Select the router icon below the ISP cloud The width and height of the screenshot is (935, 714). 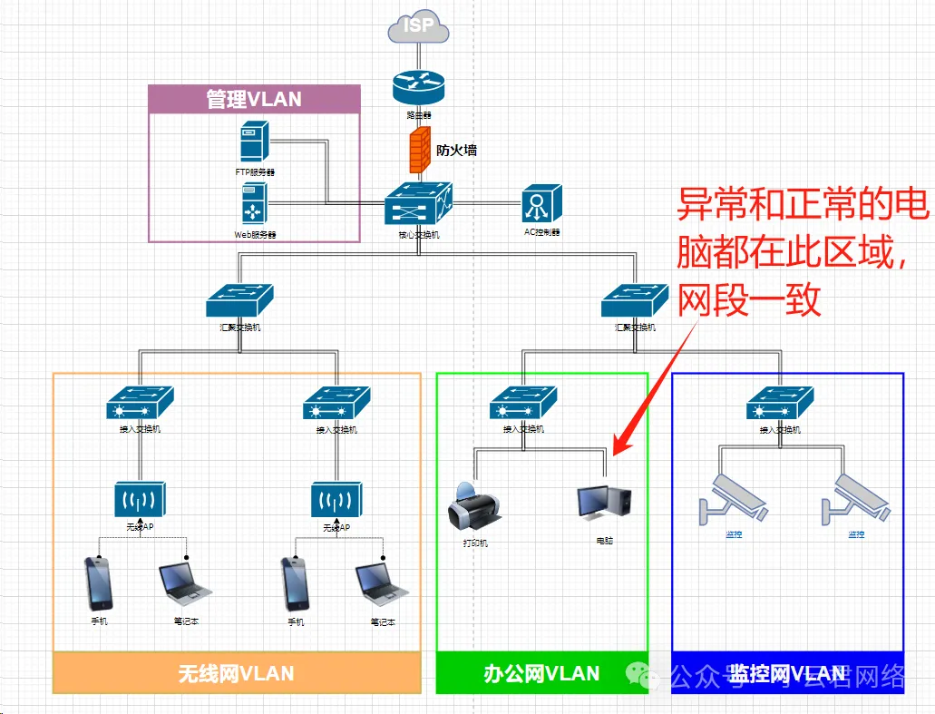pyautogui.click(x=419, y=88)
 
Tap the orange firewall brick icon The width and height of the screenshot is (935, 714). pyautogui.click(x=419, y=150)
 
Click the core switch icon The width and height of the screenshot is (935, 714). pyautogui.click(x=418, y=203)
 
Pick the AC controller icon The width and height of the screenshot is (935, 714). pyautogui.click(x=541, y=203)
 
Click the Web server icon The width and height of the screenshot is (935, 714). pyautogui.click(x=254, y=203)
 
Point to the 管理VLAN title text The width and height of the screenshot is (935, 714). pyautogui.click(x=254, y=99)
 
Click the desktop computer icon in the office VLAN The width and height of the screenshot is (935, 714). pyautogui.click(x=603, y=504)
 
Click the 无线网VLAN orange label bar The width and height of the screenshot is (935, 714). pyautogui.click(x=237, y=673)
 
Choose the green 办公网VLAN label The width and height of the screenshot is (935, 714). pyautogui.click(x=541, y=673)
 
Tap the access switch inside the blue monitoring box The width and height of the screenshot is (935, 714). pyautogui.click(x=780, y=402)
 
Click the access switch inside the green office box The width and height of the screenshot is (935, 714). pyautogui.click(x=523, y=402)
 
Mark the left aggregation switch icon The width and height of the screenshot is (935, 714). pyautogui.click(x=239, y=301)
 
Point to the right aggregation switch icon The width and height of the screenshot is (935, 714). pyautogui.click(x=635, y=301)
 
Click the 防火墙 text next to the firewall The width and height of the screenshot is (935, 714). pyautogui.click(x=456, y=151)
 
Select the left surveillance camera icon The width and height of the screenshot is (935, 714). pyautogui.click(x=734, y=499)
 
